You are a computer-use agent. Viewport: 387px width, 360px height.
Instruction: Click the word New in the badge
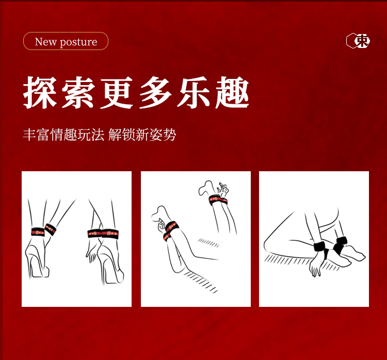(x=45, y=42)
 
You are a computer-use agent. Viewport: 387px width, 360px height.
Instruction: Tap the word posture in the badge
(x=78, y=42)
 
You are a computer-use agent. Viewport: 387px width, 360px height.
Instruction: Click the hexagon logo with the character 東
(x=358, y=41)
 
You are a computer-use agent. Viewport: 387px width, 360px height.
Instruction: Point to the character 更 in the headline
(x=117, y=92)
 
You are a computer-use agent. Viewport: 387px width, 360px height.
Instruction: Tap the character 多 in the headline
(x=155, y=92)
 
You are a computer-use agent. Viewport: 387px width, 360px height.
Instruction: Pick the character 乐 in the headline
(x=194, y=92)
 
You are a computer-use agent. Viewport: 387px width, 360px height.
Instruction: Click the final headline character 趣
(x=233, y=92)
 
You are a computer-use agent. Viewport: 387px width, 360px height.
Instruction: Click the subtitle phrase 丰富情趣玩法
(x=63, y=135)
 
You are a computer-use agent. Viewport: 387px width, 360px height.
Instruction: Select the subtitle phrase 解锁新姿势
(x=142, y=135)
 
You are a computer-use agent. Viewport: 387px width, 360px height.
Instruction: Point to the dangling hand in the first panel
(x=91, y=249)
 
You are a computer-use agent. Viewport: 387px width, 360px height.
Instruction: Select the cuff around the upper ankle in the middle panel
(x=218, y=200)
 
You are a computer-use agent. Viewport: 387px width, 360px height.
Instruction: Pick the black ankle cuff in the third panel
(x=340, y=245)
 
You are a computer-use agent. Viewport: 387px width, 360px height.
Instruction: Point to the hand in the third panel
(x=315, y=265)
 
